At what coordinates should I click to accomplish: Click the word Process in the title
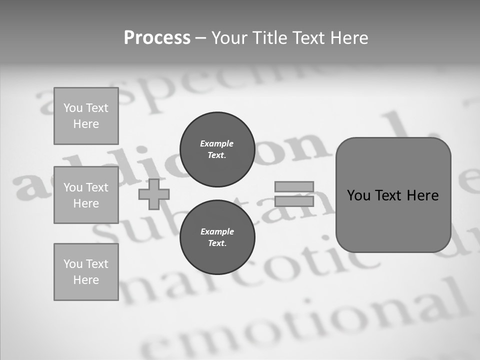[157, 38]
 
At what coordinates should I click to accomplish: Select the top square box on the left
[86, 116]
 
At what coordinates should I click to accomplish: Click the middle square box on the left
[86, 195]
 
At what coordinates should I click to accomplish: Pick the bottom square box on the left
[86, 272]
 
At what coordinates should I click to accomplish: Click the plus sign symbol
[154, 194]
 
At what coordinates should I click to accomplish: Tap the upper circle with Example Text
[217, 149]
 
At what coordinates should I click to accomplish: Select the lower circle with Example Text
[217, 237]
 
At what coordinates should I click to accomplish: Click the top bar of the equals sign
[294, 187]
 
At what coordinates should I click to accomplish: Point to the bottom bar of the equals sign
[294, 201]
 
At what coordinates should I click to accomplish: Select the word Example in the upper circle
[217, 143]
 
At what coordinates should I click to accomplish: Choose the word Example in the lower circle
[217, 231]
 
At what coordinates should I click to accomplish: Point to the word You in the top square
[73, 108]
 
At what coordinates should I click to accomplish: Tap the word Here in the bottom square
[86, 280]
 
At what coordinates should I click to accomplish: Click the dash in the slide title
[201, 38]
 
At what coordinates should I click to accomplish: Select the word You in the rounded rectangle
[358, 195]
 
